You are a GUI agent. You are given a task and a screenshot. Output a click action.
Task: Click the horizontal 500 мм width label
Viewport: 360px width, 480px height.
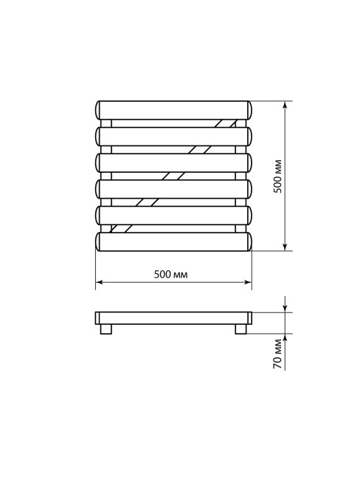pos(170,274)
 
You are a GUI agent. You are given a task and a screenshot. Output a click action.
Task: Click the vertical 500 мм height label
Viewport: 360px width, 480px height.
pos(277,176)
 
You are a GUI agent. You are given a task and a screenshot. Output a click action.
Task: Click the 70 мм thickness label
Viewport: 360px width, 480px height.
pos(277,354)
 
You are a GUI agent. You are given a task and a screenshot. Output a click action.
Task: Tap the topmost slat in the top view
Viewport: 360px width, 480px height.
pos(173,110)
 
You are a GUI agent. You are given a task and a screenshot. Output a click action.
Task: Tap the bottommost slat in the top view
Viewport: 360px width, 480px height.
pos(173,241)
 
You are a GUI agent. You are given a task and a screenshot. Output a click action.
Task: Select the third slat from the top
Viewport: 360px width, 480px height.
pos(173,163)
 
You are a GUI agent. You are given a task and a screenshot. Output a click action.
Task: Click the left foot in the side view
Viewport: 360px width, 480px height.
pos(105,329)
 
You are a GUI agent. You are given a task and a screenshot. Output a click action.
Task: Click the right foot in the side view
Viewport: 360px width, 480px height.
pos(240,329)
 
